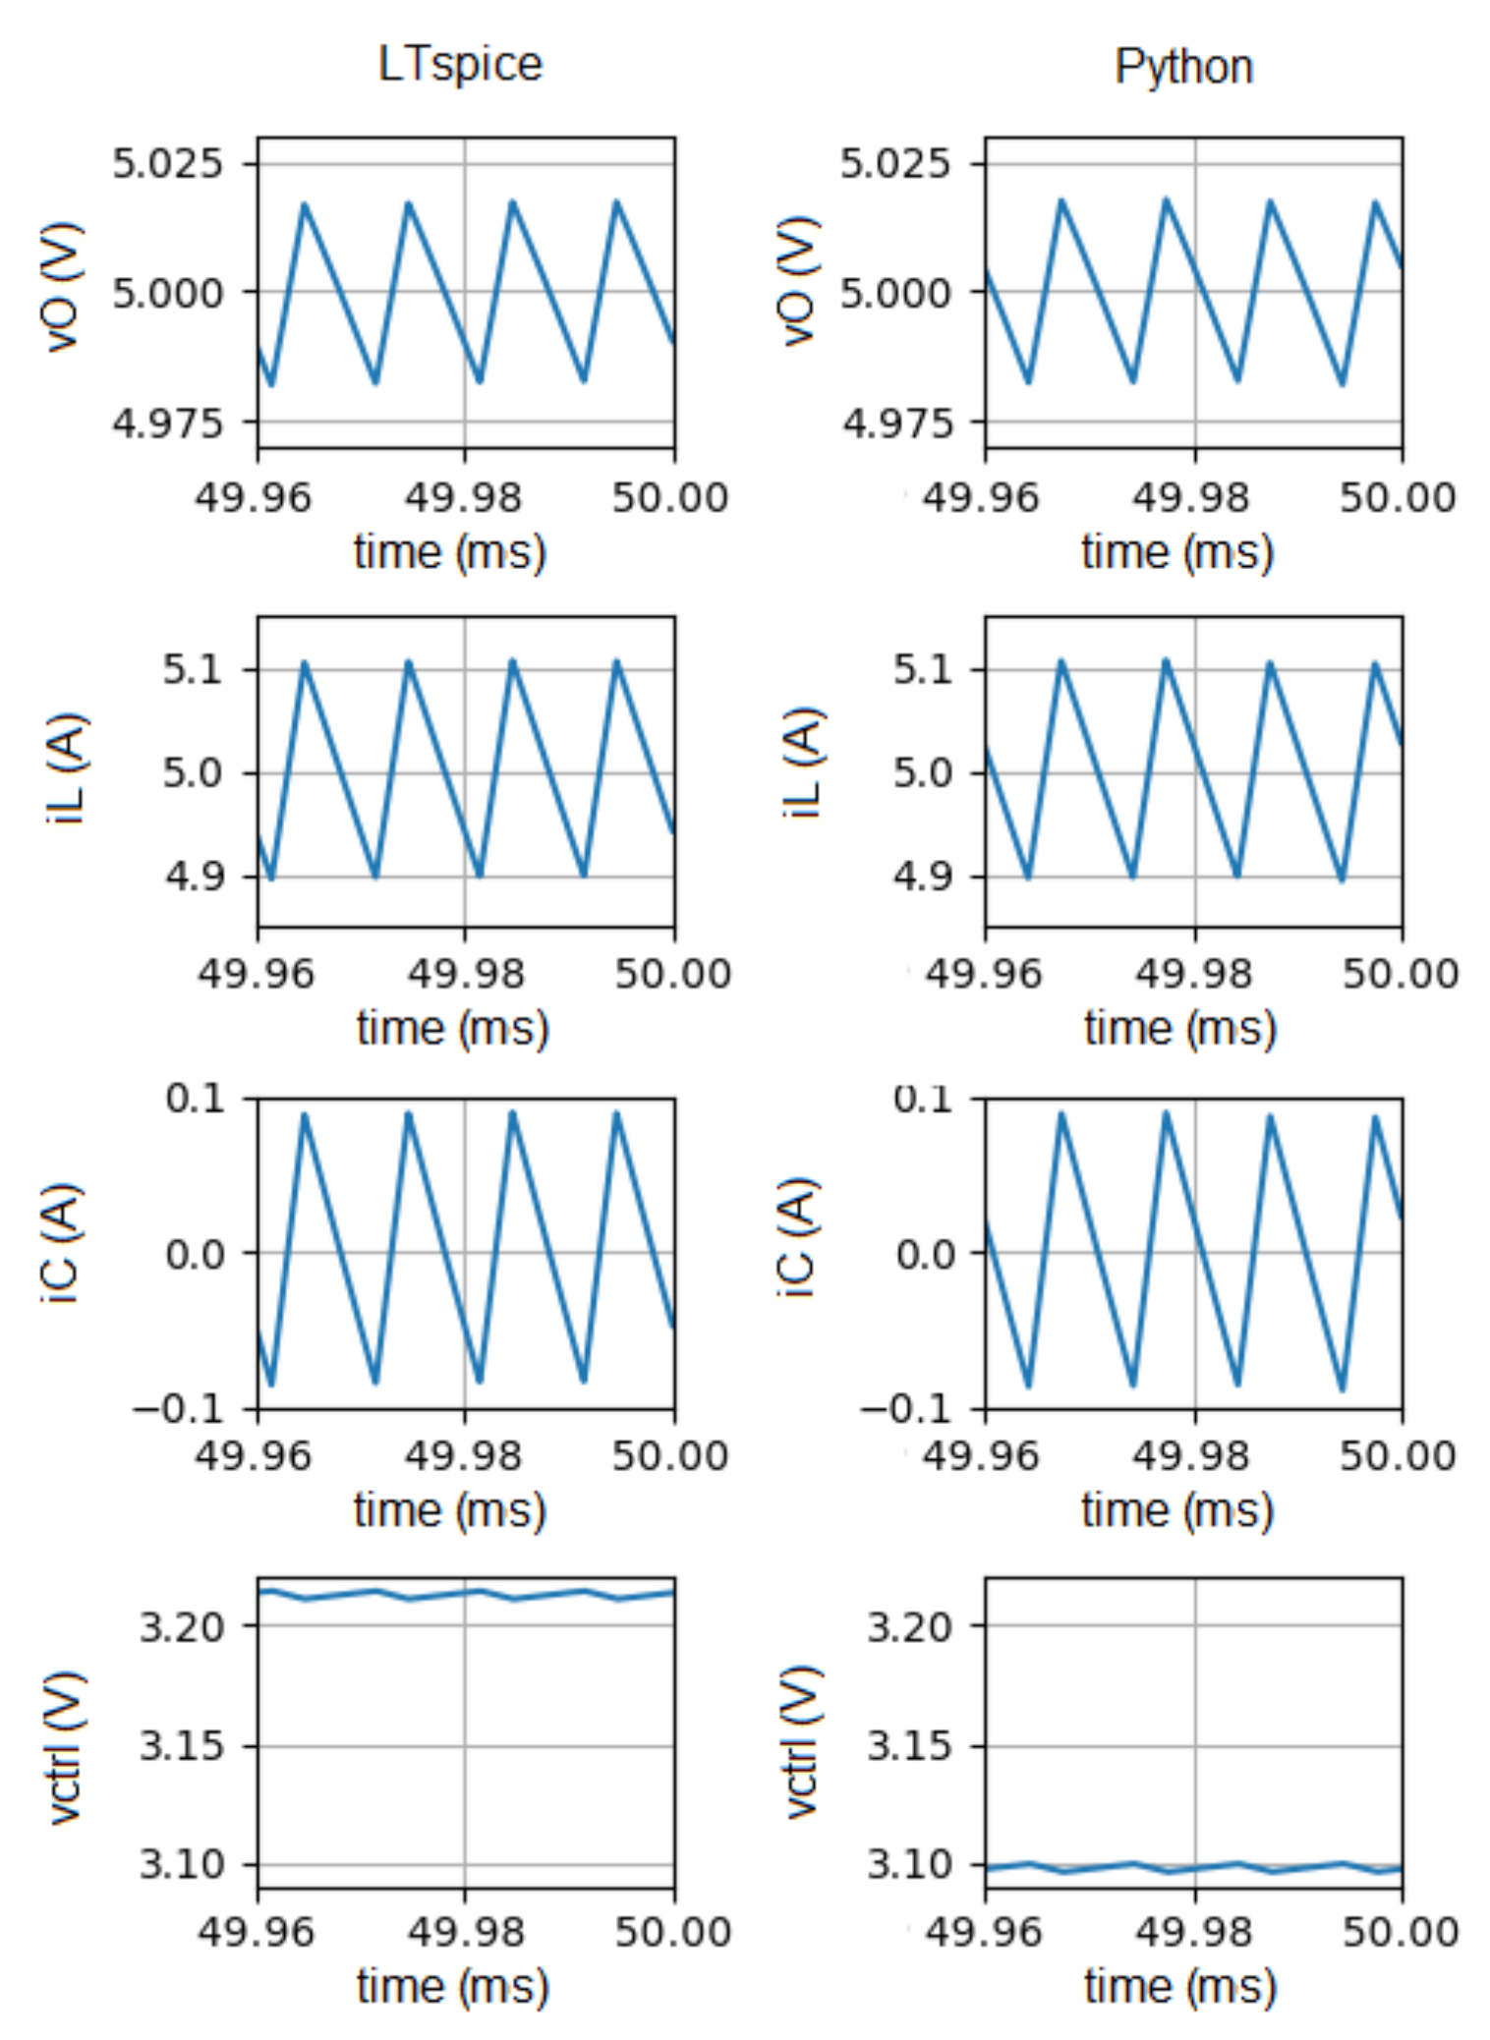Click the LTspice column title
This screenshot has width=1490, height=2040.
(x=460, y=65)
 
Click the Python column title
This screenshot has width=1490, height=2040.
(x=1183, y=67)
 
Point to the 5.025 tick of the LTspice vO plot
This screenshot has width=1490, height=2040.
(x=168, y=162)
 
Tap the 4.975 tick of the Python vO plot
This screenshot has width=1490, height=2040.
(x=896, y=424)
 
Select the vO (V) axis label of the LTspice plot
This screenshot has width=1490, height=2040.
(x=62, y=286)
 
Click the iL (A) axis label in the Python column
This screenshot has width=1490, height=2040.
(x=802, y=764)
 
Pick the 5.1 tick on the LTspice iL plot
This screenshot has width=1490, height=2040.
(x=193, y=670)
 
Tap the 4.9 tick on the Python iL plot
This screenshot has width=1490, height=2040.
(x=922, y=876)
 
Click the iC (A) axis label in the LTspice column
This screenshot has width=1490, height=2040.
(x=61, y=1245)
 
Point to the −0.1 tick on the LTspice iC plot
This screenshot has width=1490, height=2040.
(x=179, y=1409)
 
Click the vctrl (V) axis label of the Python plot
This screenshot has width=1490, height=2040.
(x=802, y=1742)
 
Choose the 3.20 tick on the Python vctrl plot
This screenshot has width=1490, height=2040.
(x=909, y=1627)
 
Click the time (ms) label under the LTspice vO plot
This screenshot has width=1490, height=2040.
(x=450, y=551)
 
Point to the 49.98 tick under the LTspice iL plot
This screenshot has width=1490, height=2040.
(x=466, y=974)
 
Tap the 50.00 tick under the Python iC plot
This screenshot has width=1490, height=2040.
(x=1398, y=1455)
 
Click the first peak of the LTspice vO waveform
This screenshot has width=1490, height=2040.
(x=305, y=204)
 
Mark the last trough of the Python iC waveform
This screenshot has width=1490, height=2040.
(x=1343, y=1388)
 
